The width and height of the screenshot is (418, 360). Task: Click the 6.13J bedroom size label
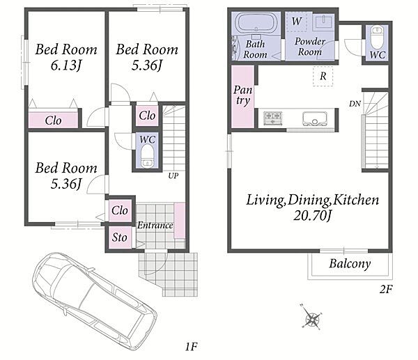[66, 65]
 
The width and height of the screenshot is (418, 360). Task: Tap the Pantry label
[242, 95]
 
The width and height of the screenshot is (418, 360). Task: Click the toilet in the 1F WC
[147, 156]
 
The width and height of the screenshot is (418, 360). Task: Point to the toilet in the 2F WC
[377, 37]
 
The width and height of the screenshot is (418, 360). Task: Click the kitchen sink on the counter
[315, 118]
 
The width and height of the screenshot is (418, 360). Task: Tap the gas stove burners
[272, 118]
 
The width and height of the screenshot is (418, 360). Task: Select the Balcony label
[350, 264]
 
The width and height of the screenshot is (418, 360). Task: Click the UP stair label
[173, 175]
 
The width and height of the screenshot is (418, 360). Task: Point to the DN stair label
[355, 104]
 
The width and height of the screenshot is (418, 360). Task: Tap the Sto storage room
[120, 237]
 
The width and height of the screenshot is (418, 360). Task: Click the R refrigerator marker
[323, 76]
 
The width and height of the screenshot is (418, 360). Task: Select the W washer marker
[297, 21]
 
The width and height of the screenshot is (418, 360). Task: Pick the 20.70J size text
[312, 216]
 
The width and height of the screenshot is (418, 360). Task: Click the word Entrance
[155, 226]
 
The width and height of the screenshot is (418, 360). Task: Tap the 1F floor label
[191, 347]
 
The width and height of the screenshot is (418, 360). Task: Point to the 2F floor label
[386, 289]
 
